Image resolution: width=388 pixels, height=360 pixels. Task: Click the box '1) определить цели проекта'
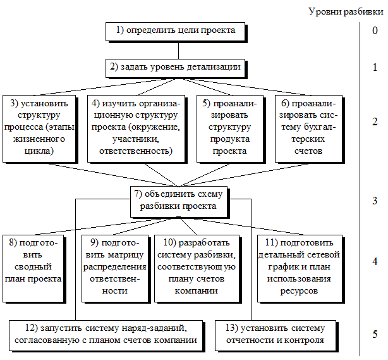click(x=175, y=30)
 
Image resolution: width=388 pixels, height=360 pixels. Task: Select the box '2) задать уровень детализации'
click(x=175, y=66)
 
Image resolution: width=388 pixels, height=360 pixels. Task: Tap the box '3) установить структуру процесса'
click(x=39, y=127)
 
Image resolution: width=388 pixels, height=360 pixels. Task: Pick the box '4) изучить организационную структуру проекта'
click(x=135, y=127)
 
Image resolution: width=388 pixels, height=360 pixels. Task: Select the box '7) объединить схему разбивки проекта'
click(x=179, y=201)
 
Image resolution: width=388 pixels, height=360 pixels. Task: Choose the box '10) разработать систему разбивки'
click(x=198, y=266)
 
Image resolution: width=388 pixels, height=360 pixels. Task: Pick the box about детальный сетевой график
click(x=299, y=266)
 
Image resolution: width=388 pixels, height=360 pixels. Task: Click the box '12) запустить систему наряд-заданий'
click(x=106, y=334)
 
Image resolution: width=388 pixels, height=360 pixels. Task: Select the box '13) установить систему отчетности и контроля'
click(x=275, y=334)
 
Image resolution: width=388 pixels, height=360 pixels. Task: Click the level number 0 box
click(x=375, y=30)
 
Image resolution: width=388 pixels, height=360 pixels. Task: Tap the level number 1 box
click(x=375, y=66)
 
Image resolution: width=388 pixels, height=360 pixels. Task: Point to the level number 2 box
click(x=375, y=122)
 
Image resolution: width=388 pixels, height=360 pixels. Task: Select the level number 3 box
click(x=375, y=201)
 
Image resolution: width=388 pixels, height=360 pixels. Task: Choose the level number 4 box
click(x=375, y=261)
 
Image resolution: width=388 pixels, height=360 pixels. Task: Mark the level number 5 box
click(x=375, y=335)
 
